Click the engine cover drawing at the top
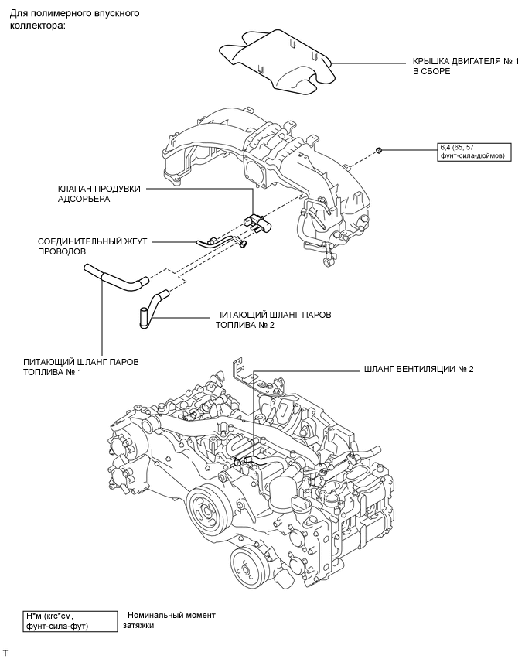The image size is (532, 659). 278,61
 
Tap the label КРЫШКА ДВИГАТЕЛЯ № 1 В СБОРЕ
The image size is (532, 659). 465,66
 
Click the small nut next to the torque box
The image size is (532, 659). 378,149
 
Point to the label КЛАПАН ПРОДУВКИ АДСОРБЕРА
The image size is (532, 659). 99,193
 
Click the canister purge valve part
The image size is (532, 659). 257,222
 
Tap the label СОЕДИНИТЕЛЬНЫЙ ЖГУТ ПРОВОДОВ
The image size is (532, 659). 93,246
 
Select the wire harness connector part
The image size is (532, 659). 214,241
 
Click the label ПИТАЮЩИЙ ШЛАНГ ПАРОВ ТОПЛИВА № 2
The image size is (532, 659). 273,320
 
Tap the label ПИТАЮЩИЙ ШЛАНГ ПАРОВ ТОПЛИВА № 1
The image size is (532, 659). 81,367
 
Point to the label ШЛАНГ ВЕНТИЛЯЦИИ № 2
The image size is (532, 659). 419,369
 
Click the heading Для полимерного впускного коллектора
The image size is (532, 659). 74,19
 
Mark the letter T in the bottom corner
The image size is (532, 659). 5,653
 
